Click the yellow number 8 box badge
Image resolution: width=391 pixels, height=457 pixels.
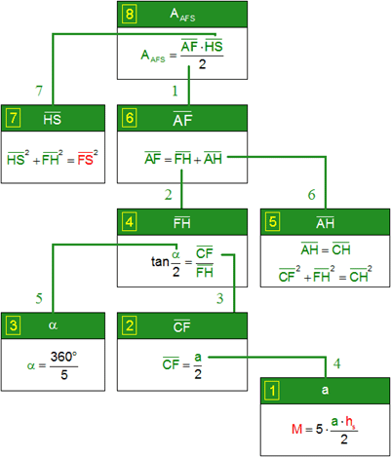pyautogui.click(x=130, y=15)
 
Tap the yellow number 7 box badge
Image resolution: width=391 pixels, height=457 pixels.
pyautogui.click(x=13, y=118)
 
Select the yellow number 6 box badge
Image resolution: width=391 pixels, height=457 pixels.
pyautogui.click(x=130, y=118)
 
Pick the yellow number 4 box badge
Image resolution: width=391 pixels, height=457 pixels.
pyautogui.click(x=130, y=222)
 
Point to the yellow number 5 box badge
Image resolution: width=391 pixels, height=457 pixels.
pyautogui.click(x=272, y=222)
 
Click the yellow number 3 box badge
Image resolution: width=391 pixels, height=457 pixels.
pyautogui.click(x=13, y=325)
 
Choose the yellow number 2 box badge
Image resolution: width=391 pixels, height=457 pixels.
pyautogui.click(x=130, y=325)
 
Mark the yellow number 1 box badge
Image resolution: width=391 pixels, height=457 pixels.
pyautogui.click(x=272, y=391)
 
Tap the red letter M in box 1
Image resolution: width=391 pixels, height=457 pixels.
pyautogui.click(x=297, y=429)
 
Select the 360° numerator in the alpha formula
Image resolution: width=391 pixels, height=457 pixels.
pyautogui.click(x=63, y=357)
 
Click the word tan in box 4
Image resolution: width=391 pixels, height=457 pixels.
pyautogui.click(x=160, y=261)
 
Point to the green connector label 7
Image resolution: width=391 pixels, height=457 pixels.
pyautogui.click(x=39, y=91)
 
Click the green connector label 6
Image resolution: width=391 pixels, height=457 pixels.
pyautogui.click(x=311, y=195)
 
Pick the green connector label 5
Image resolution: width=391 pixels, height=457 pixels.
pyautogui.click(x=39, y=298)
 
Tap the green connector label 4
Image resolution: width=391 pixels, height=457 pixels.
pyautogui.click(x=337, y=363)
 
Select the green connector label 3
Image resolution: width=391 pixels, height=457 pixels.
pyautogui.click(x=220, y=298)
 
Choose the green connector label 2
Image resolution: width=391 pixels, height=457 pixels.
pyautogui.click(x=168, y=195)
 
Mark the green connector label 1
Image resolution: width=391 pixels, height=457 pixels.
pyautogui.click(x=175, y=92)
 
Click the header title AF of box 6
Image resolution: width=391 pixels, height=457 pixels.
pyautogui.click(x=182, y=119)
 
